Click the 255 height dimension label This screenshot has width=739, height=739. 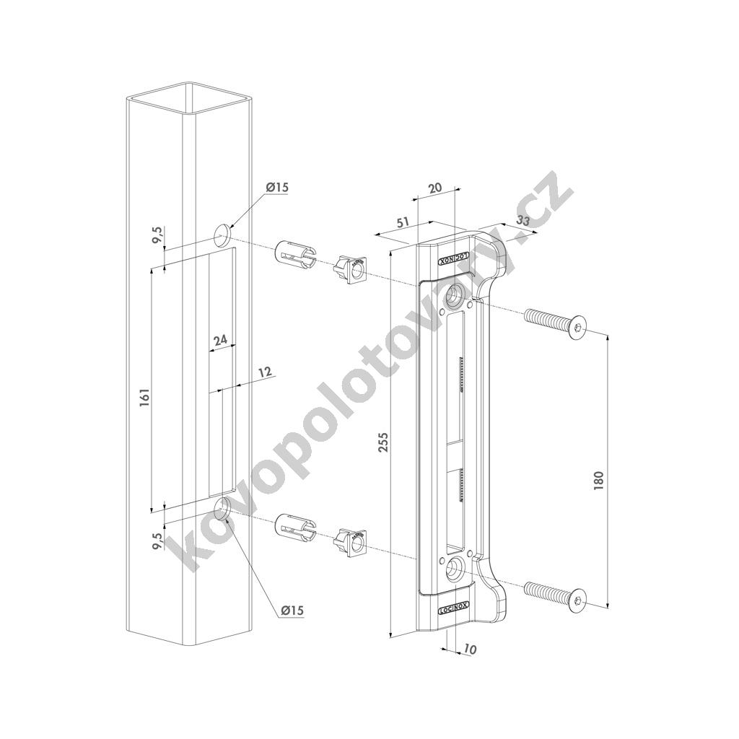click(383, 442)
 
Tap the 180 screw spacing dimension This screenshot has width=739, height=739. click(599, 480)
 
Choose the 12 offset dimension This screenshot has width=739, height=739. click(266, 372)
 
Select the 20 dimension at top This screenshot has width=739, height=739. click(434, 187)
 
